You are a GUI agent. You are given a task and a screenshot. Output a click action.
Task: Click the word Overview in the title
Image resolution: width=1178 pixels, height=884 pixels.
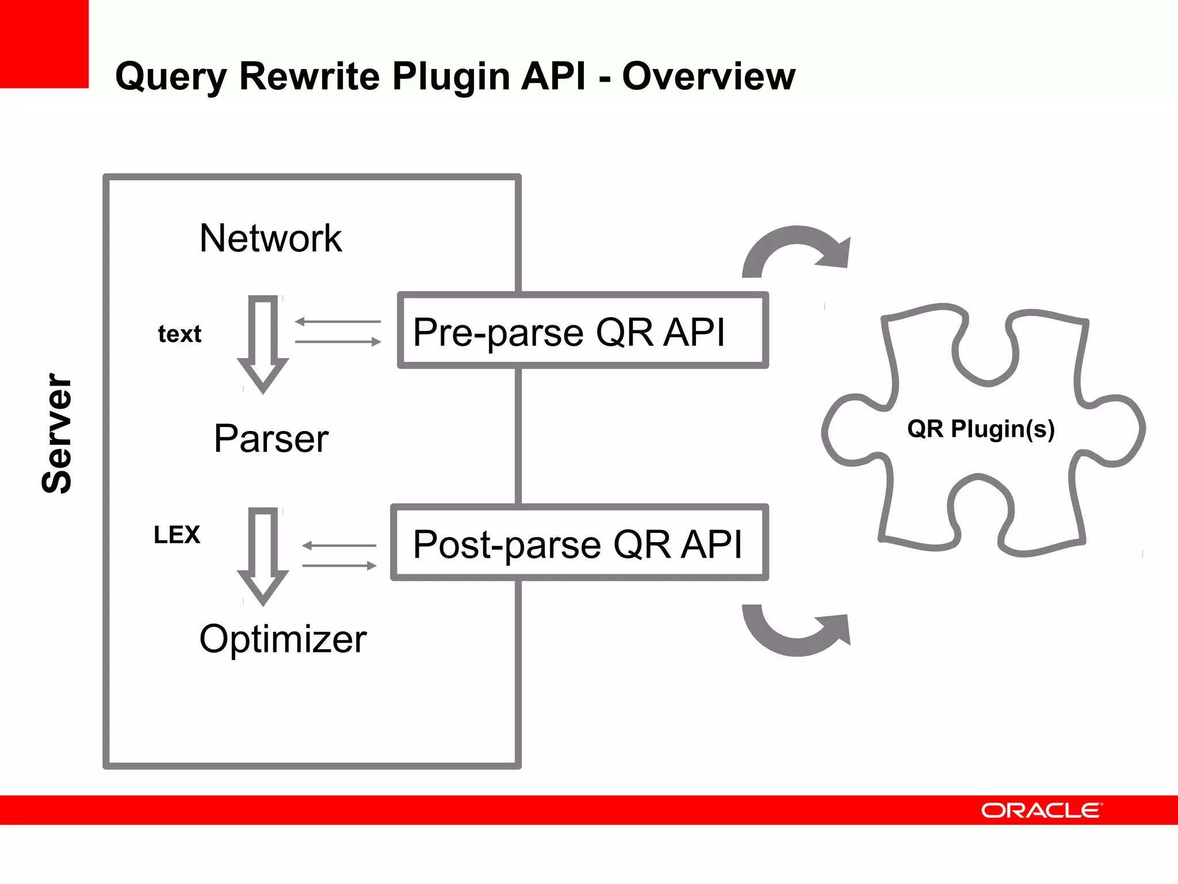(709, 77)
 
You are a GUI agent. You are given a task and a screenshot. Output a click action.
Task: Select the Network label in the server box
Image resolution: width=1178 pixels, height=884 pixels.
(270, 238)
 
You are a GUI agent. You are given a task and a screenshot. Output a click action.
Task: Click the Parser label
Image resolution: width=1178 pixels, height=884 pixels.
(271, 439)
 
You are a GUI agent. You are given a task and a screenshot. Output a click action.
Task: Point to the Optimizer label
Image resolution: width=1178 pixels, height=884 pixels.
(283, 639)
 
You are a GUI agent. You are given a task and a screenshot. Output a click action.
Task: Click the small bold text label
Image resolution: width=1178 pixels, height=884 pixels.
(179, 334)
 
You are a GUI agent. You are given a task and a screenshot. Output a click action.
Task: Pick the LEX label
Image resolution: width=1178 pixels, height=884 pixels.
(177, 535)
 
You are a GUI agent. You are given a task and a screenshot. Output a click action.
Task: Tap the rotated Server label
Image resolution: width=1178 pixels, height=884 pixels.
(57, 433)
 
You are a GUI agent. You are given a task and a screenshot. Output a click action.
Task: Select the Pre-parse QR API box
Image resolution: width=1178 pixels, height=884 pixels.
(583, 331)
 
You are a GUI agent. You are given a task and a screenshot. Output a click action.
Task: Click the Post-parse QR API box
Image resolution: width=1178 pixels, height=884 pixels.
(579, 543)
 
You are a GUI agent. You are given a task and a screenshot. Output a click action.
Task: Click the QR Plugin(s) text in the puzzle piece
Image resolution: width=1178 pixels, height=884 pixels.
(981, 429)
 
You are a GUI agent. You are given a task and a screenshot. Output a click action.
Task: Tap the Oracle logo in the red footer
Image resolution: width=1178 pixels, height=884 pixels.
(1041, 810)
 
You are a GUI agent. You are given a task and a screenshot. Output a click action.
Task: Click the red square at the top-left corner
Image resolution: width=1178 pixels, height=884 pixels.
(44, 44)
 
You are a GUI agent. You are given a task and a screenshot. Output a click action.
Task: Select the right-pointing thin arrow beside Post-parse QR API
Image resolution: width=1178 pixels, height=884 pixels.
(339, 566)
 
